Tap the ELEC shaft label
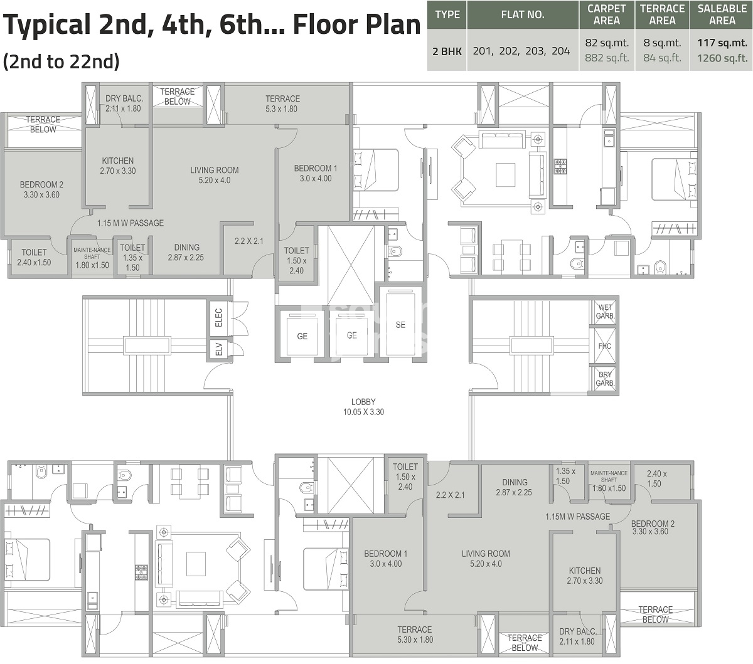tap(218, 317)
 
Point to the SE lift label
tap(400, 325)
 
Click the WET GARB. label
tap(605, 312)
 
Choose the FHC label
tap(605, 346)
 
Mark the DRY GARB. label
tap(605, 379)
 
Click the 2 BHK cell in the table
tap(447, 51)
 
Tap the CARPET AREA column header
tap(606, 14)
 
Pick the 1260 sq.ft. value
tap(722, 58)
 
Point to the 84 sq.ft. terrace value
tap(662, 58)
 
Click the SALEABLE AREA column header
tap(722, 14)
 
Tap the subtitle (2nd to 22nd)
tap(61, 61)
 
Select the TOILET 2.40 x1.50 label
tap(35, 257)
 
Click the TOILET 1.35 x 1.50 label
tap(132, 258)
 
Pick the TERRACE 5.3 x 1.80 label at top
tap(282, 103)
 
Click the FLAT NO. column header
tap(522, 14)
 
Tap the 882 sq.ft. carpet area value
tap(606, 58)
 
